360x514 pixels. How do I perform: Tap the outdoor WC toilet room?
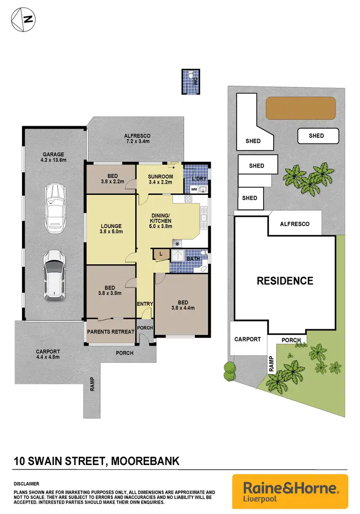point(190,82)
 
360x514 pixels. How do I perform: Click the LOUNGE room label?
point(111,229)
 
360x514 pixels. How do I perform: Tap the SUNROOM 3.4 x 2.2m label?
point(160,179)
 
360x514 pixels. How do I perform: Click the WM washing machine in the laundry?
point(194,190)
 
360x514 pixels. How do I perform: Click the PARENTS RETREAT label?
point(110,332)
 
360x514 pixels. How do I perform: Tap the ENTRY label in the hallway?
point(144,304)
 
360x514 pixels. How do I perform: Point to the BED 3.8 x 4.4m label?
point(182,306)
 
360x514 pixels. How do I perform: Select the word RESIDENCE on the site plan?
point(285,281)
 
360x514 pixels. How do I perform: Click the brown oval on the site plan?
point(300,108)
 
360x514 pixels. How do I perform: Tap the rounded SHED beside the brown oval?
point(316,136)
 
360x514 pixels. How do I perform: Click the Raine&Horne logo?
point(290,491)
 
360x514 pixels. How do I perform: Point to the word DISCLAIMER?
point(26,484)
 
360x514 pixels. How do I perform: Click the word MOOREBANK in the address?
point(145,462)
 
